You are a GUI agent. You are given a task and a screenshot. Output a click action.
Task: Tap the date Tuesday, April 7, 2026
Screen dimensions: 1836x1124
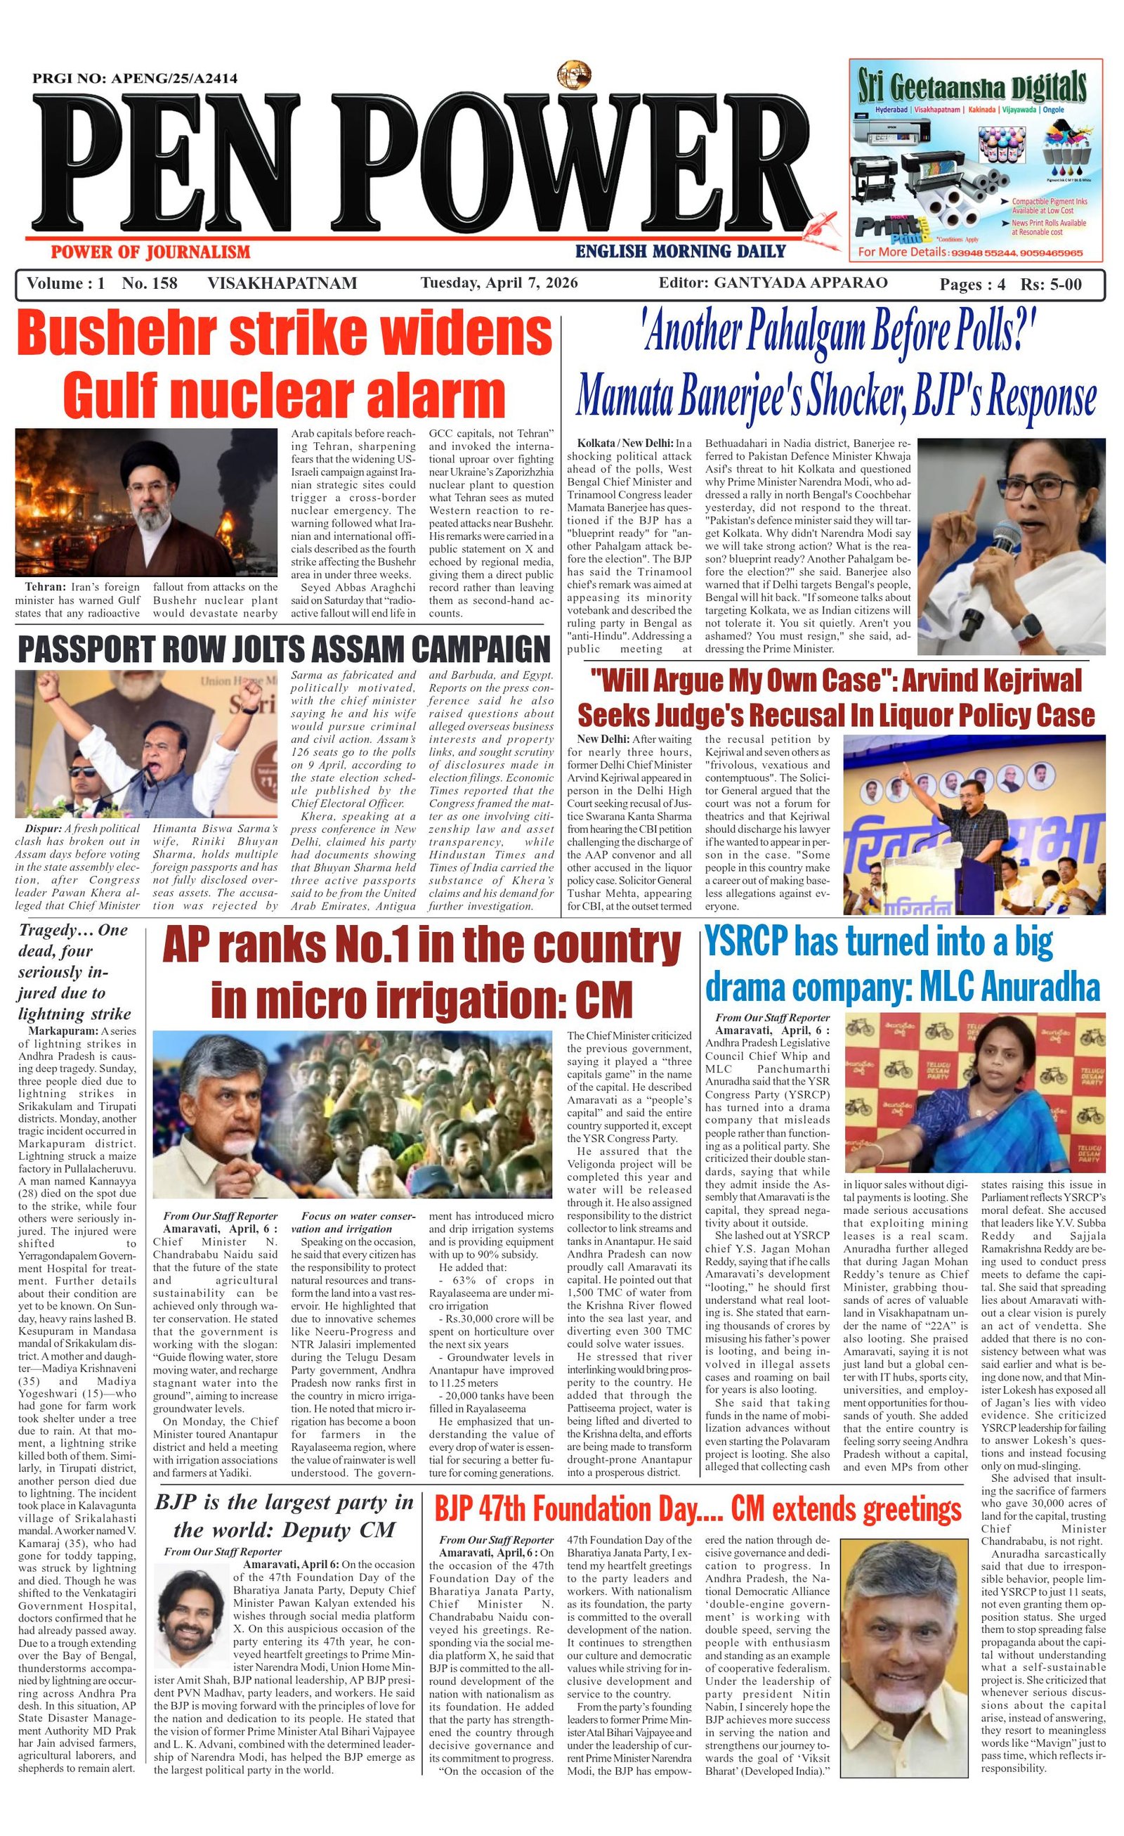(499, 283)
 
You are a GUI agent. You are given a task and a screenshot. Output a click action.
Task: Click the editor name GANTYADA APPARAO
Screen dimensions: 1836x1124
(800, 283)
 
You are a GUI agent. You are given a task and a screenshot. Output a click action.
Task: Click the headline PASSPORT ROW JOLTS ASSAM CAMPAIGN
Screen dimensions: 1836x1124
(283, 649)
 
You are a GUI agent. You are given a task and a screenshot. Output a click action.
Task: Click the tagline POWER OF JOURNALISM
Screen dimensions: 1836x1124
(150, 252)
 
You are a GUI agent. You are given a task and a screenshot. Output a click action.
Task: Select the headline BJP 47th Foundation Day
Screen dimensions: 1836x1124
(570, 1489)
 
